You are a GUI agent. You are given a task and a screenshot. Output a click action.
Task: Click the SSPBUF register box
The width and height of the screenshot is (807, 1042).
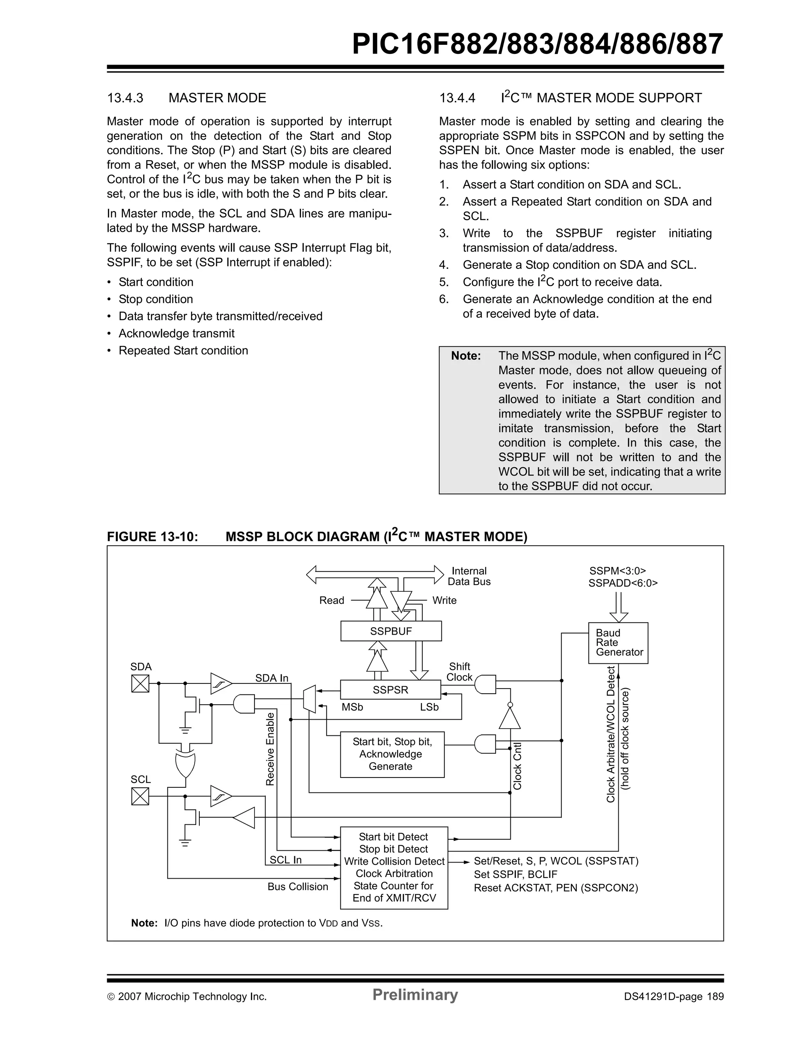390,631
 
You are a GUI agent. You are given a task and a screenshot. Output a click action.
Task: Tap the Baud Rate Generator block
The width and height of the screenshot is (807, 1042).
618,643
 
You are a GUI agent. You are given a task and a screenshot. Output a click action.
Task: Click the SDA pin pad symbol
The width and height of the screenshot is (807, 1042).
140,683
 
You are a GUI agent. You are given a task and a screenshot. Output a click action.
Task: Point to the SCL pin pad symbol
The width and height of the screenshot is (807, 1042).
140,796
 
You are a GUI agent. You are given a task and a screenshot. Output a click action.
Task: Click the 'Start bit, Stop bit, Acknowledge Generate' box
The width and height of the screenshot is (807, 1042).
392,754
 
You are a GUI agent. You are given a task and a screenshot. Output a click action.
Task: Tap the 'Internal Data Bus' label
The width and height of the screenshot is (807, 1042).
469,576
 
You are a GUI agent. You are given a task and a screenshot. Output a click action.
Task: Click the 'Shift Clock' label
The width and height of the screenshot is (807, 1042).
459,671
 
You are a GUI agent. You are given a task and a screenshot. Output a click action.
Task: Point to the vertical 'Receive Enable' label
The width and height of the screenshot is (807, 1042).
270,749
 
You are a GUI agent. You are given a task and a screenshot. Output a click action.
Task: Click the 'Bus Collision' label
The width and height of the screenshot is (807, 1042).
298,887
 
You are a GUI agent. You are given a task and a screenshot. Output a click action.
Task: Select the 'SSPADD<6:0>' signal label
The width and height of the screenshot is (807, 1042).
623,583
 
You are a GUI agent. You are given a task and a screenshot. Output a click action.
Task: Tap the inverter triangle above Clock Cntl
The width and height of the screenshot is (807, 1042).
509,718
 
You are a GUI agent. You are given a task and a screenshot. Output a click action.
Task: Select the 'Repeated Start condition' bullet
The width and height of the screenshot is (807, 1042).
183,350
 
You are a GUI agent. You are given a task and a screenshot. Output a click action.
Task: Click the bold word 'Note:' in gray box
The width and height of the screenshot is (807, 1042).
466,355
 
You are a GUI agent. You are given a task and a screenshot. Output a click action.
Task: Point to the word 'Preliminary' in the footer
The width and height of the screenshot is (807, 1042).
415,994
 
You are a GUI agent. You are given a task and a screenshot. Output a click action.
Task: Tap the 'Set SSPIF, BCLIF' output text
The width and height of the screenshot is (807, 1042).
515,874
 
